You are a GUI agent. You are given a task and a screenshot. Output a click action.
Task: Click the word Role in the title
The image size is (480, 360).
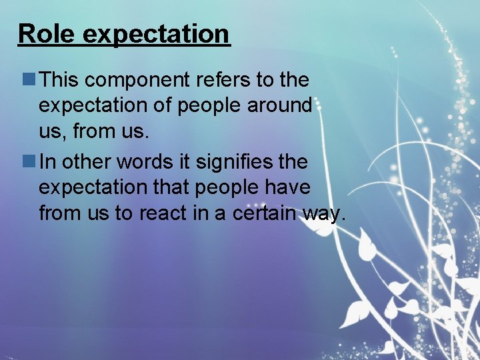click(x=46, y=33)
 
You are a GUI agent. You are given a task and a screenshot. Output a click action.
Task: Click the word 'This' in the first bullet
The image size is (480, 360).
click(x=61, y=80)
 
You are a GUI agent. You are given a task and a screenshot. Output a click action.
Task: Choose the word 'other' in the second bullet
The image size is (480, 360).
click(x=89, y=162)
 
